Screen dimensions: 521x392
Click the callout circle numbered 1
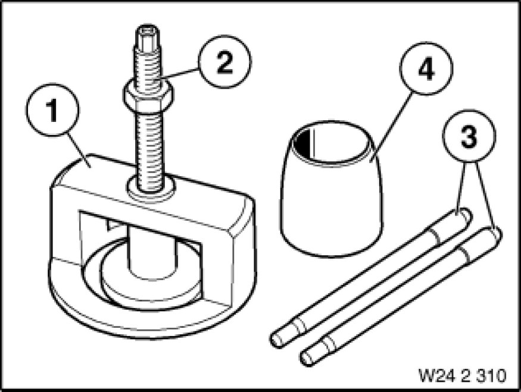[52, 110]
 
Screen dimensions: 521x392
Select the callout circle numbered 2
[225, 61]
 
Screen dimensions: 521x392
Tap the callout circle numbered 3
[469, 136]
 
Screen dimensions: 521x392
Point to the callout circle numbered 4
[426, 68]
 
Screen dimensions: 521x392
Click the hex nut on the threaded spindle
[148, 97]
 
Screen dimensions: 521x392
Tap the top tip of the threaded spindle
[148, 27]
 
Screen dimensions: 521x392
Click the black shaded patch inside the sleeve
[304, 143]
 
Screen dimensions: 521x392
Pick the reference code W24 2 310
[463, 376]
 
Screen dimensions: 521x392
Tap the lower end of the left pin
[277, 340]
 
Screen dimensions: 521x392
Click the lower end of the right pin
[307, 359]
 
